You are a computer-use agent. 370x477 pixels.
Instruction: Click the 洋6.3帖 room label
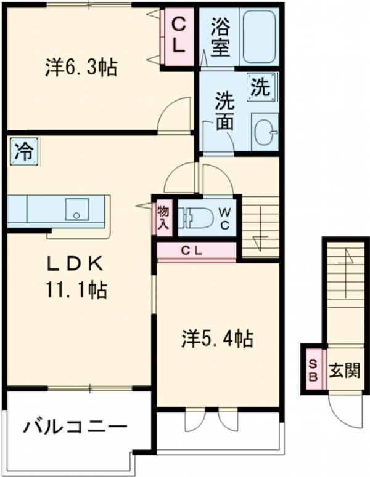81,67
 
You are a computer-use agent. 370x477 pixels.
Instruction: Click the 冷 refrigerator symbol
23,151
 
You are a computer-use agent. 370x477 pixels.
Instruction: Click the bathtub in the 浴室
258,37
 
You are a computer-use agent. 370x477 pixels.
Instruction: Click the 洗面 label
224,111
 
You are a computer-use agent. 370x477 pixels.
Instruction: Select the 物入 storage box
163,218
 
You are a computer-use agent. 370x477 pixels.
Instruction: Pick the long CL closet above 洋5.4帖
196,251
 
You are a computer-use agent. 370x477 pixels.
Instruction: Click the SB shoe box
313,370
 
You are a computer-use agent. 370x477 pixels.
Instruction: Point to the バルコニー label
76,426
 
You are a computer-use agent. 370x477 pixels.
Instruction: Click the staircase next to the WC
260,225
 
